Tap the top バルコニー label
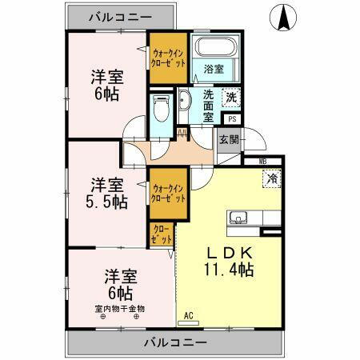pos(119,16)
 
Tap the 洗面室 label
pos(207,105)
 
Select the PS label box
pos(232,120)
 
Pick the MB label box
pos(262,162)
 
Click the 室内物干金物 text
pos(120,308)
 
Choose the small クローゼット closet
pos(161,234)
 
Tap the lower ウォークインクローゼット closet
pos(168,194)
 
